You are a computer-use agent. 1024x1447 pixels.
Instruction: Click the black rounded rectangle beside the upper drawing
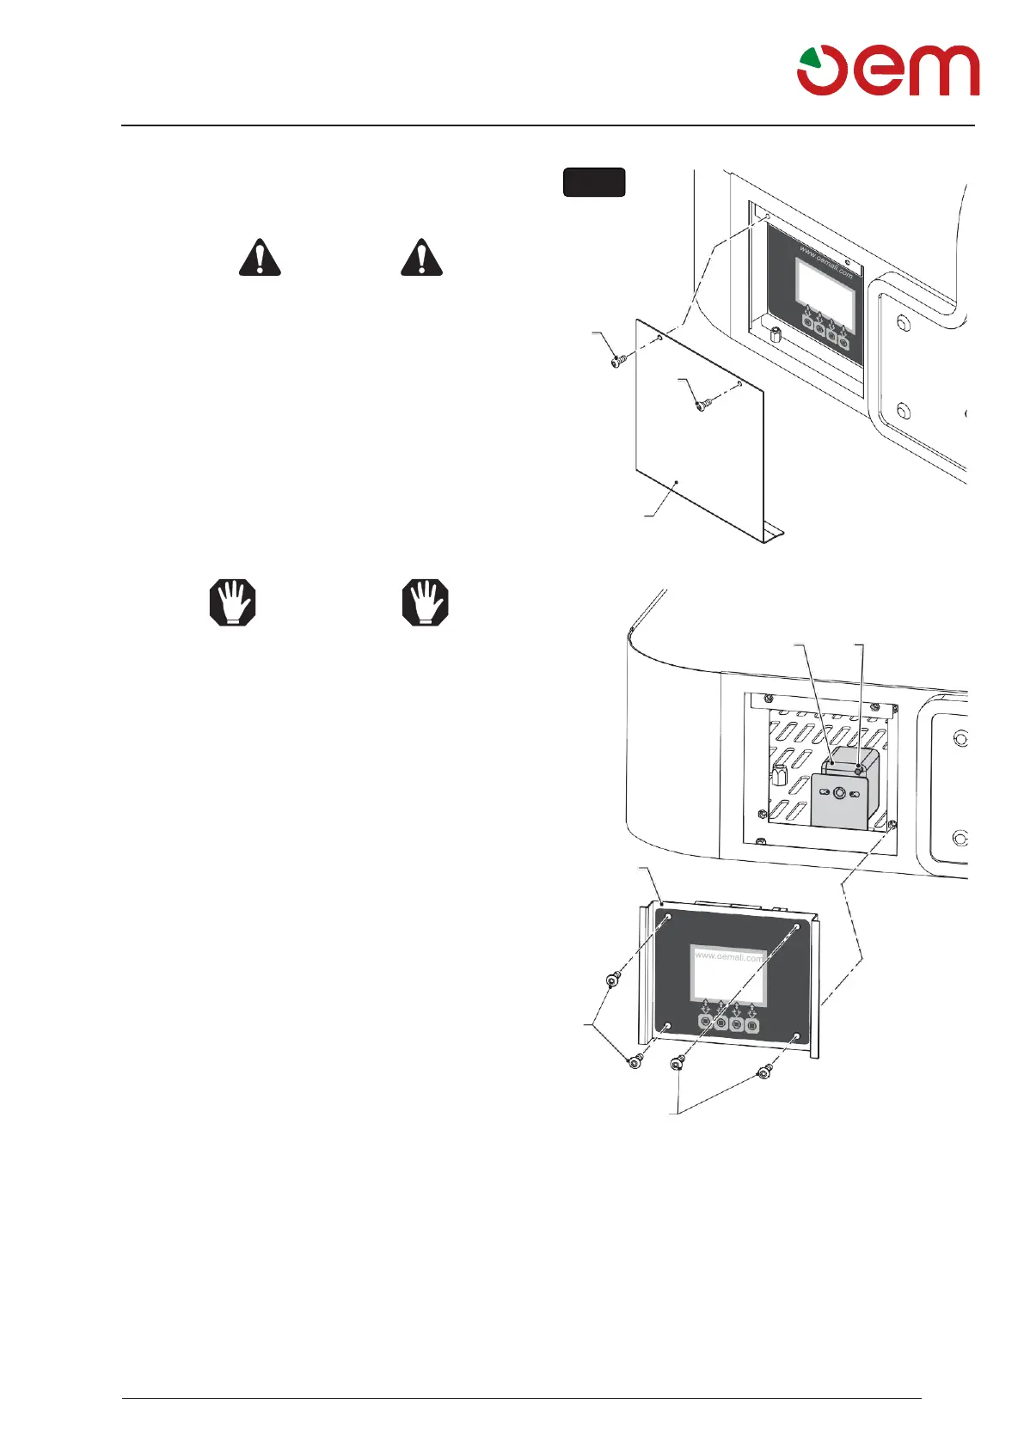tap(594, 182)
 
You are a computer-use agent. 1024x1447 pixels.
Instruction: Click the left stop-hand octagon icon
tap(233, 601)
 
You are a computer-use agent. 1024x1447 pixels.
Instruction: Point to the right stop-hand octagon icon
tap(426, 601)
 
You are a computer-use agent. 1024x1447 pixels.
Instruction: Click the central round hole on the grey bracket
tap(839, 794)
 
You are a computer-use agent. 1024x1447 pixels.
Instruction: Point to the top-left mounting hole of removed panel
tap(669, 919)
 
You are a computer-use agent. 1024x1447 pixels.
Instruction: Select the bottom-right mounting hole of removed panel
tap(797, 1038)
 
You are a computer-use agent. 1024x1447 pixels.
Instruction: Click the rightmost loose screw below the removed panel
tap(763, 1072)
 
